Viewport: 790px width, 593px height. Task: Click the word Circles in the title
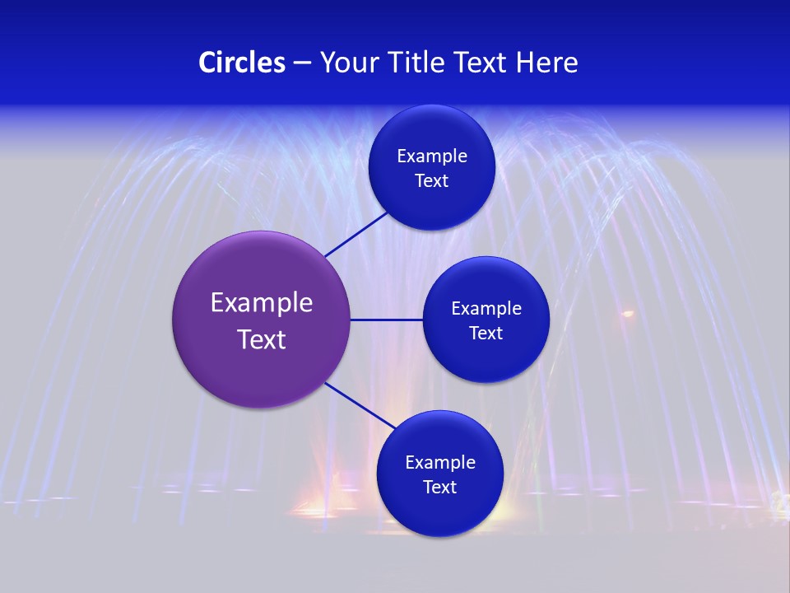pos(242,63)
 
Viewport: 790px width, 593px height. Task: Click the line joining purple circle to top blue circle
pos(357,234)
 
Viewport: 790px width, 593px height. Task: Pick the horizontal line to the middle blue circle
pos(386,320)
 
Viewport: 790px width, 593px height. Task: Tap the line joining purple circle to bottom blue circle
pos(360,406)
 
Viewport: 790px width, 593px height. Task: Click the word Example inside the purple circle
pos(262,303)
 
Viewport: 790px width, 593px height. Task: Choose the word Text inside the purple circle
pos(262,339)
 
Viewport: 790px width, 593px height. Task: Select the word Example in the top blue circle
pos(432,156)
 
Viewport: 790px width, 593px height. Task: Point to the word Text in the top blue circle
pos(432,181)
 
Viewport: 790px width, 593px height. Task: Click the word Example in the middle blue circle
pos(486,309)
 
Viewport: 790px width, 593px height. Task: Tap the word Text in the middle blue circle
pos(486,334)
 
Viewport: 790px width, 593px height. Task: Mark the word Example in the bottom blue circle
pos(440,463)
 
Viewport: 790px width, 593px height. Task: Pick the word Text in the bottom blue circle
pos(440,488)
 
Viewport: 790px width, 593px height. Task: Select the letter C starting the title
pos(207,63)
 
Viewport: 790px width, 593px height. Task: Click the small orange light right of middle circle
pos(628,314)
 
